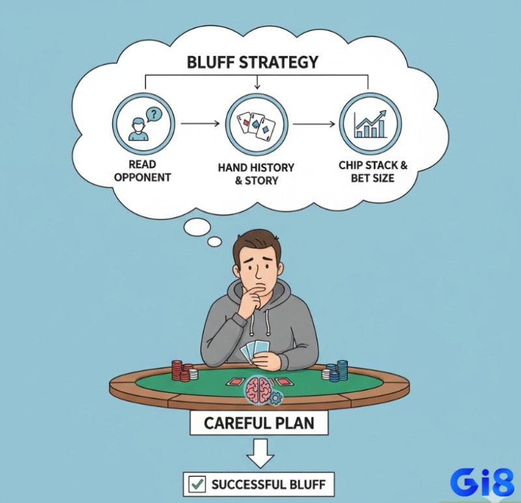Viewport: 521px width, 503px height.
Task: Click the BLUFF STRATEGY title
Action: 253,62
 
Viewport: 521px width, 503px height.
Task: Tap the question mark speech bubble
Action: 153,115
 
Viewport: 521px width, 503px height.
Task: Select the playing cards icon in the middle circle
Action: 257,126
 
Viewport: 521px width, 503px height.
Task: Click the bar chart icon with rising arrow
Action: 371,124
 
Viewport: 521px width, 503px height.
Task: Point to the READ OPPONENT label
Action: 143,170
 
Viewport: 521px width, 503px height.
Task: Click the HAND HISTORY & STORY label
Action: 256,174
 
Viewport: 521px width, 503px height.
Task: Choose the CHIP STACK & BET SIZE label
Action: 373,172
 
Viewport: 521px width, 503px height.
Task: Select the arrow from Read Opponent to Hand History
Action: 201,124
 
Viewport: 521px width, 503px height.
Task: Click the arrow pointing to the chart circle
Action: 314,124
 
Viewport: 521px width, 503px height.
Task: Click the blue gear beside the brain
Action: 275,398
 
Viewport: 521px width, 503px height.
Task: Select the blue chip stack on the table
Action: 335,370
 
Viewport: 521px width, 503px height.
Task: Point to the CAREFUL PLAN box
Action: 259,423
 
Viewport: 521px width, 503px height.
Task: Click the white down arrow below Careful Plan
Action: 260,453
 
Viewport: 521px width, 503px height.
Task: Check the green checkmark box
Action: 197,484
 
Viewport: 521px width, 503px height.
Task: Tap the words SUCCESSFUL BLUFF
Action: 268,485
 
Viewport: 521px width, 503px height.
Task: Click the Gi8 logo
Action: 482,482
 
